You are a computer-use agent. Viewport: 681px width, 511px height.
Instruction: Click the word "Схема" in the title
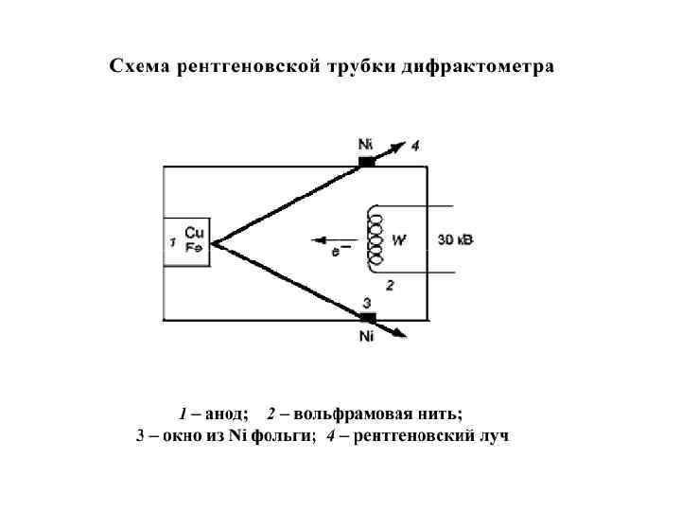[x=140, y=67]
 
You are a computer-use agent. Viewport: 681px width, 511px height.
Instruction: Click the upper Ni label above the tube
[x=365, y=144]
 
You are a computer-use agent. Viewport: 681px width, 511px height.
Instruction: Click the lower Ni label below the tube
[x=367, y=337]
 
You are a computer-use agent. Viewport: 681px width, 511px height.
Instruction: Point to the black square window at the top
[x=367, y=162]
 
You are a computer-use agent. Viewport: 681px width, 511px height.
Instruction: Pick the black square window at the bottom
[x=368, y=317]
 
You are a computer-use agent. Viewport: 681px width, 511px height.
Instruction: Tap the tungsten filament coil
[x=375, y=238]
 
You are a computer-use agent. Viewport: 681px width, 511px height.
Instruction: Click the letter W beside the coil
[x=399, y=240]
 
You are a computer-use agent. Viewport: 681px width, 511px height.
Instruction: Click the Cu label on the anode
[x=194, y=233]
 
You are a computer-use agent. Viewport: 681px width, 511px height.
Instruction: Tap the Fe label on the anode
[x=193, y=247]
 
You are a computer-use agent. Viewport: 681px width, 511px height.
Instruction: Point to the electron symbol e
[x=335, y=253]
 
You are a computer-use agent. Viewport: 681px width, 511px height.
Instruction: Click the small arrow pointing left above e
[x=326, y=239]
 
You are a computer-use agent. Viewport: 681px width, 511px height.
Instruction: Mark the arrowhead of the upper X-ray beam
[x=401, y=148]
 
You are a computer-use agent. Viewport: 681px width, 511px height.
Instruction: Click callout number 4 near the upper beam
[x=414, y=145]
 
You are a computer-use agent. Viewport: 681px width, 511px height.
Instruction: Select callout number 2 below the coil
[x=389, y=285]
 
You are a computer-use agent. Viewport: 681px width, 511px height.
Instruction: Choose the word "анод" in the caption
[x=227, y=414]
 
